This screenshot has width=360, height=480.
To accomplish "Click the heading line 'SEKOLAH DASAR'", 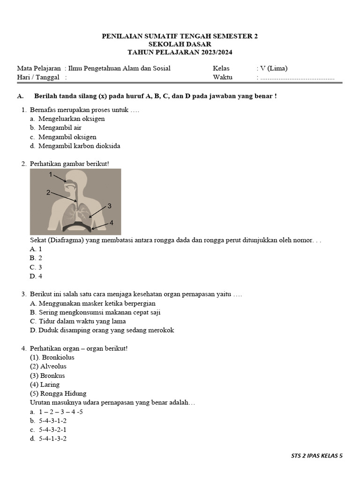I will click(180, 44).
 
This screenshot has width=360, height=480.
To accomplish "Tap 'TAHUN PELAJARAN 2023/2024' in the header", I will click(180, 52).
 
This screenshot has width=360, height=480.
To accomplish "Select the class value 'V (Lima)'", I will click(272, 68).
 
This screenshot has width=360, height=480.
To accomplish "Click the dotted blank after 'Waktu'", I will click(297, 78).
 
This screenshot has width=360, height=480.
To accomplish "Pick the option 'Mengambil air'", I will click(60, 127).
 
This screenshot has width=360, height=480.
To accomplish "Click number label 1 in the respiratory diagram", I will click(51, 174).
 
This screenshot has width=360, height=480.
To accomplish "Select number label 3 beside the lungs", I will click(109, 206).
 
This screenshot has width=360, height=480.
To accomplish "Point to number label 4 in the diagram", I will click(111, 223).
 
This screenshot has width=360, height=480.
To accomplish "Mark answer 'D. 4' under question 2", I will click(36, 277).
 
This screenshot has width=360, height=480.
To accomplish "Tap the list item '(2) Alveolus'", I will click(48, 366).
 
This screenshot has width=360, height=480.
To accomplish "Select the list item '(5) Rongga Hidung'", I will click(58, 393).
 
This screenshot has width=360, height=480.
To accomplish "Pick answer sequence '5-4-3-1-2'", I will click(52, 420).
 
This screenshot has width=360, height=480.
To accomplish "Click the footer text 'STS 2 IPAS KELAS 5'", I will click(317, 455).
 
